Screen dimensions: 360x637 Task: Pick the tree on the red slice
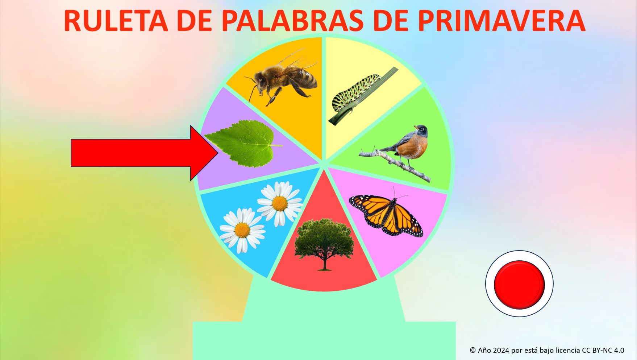coord(324,243)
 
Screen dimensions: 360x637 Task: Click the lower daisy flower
coord(242,230)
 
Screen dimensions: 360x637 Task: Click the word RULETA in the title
coord(116,21)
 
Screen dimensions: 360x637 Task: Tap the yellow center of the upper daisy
coord(280,203)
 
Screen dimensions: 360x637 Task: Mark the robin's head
coord(421,129)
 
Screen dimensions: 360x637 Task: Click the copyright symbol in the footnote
coord(473,350)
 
